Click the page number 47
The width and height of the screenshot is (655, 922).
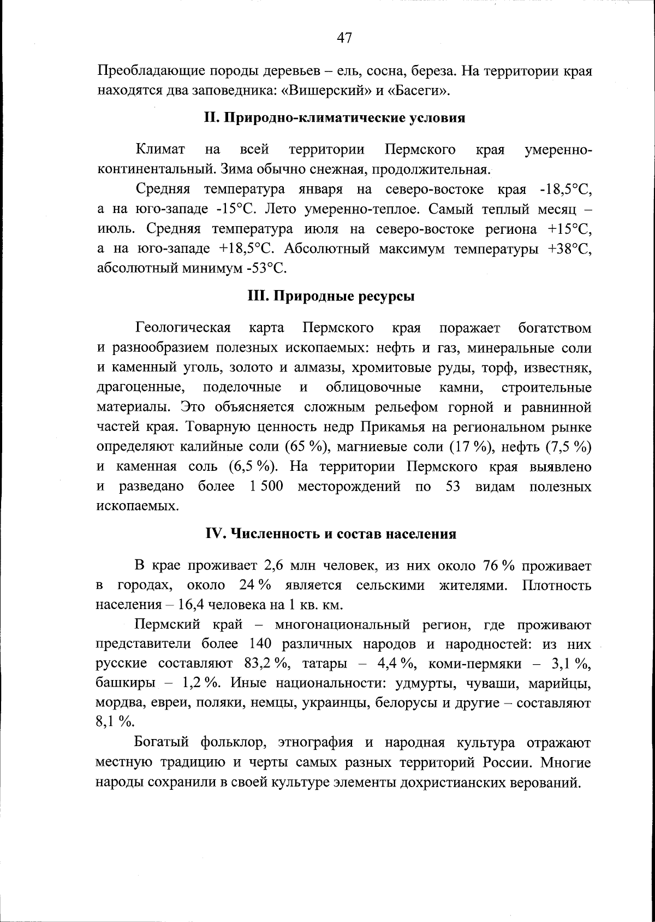[x=344, y=38]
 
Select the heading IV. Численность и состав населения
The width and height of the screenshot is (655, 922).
[x=331, y=534]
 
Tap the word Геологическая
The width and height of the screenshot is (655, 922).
[x=183, y=328]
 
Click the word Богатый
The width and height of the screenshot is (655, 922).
[x=162, y=743]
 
